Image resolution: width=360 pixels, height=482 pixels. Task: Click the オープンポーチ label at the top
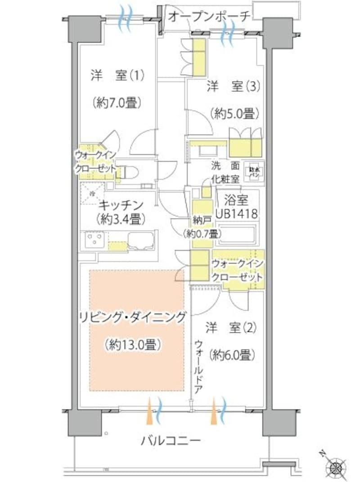point(209,17)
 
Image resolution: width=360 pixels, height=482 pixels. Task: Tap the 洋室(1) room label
point(117,75)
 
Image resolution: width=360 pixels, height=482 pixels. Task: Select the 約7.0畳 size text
point(116,103)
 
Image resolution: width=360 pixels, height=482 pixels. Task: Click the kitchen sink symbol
point(141,241)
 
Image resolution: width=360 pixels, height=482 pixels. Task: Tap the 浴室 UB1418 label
point(237,205)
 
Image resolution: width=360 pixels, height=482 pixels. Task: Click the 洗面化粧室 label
point(226,172)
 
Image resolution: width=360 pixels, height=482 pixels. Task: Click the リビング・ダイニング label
point(132,318)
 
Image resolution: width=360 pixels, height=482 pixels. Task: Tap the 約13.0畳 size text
point(132,345)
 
